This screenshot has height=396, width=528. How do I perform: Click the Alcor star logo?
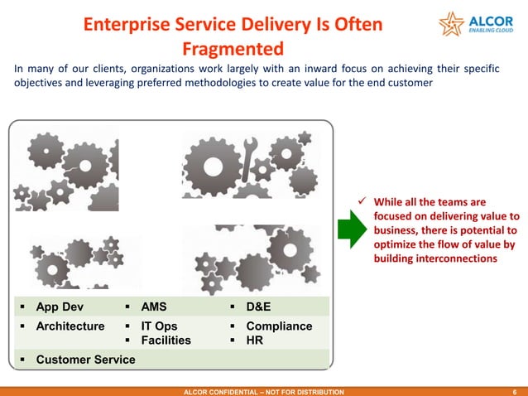click(454, 25)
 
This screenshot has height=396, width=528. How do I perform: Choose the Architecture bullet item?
click(70, 326)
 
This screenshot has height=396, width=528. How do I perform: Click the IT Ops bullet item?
click(159, 326)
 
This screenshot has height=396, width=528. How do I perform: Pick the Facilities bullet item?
click(166, 340)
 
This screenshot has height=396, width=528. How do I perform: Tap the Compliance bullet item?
click(279, 326)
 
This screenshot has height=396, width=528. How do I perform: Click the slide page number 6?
click(515, 390)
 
